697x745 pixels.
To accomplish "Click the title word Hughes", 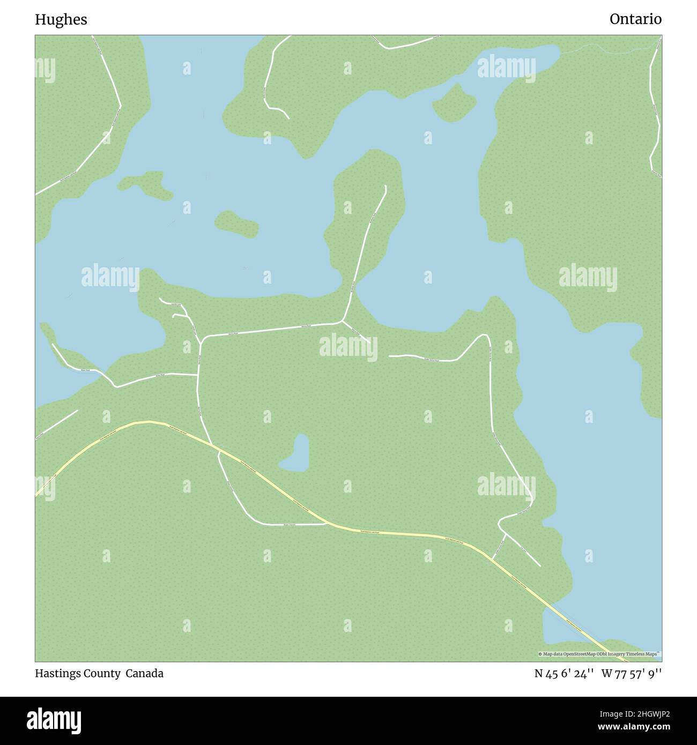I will pos(61,20).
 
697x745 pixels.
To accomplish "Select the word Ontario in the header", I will pos(635,20).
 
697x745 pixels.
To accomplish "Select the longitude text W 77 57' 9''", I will pos(632,674).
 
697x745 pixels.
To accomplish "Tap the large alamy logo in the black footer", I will pos(55,720).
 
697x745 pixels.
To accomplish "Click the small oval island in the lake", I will pos(236,223).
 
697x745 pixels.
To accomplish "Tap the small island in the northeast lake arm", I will pos(454,102).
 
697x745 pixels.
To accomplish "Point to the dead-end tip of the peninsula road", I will pos(385,187).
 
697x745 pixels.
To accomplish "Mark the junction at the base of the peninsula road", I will pos(343,322).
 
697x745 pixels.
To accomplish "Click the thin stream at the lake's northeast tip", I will pos(606,49).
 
